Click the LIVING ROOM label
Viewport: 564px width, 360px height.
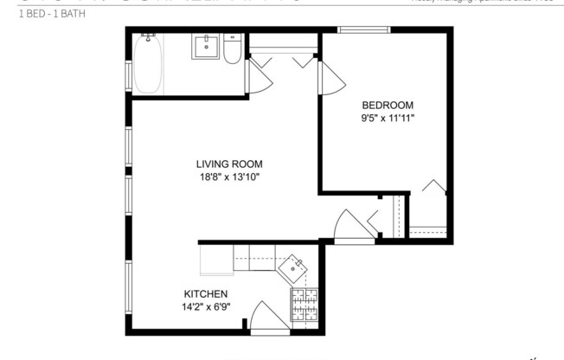pyautogui.click(x=228, y=164)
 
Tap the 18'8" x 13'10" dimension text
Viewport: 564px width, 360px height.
pyautogui.click(x=228, y=177)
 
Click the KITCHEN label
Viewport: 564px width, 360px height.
pyautogui.click(x=205, y=294)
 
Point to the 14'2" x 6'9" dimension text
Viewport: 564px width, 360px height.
pyautogui.click(x=205, y=307)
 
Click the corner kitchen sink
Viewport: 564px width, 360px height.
pyautogui.click(x=297, y=265)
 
